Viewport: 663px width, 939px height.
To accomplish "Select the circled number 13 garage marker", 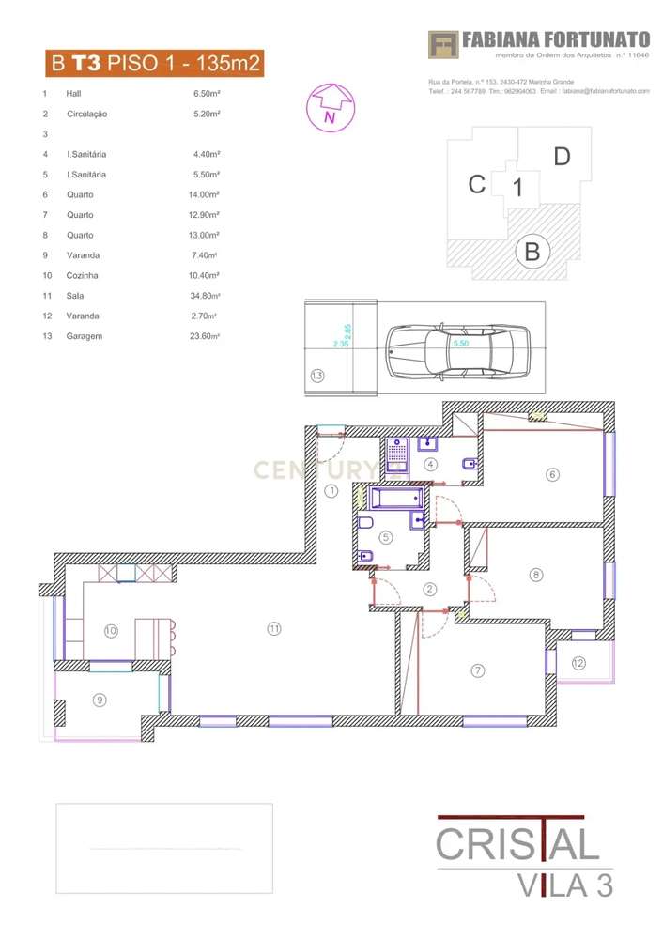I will pyautogui.click(x=317, y=377).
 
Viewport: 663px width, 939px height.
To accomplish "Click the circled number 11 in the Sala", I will pyautogui.click(x=274, y=628).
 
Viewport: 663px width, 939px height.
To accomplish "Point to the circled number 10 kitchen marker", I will pyautogui.click(x=111, y=631).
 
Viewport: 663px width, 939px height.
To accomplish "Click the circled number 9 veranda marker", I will pyautogui.click(x=100, y=699).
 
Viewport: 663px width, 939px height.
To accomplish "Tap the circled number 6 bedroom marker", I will pyautogui.click(x=552, y=474).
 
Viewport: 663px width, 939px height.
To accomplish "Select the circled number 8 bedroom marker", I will pyautogui.click(x=536, y=575).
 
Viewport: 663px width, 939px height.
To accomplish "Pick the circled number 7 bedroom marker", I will pyautogui.click(x=477, y=670).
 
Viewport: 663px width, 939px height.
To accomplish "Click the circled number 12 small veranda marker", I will pyautogui.click(x=578, y=663).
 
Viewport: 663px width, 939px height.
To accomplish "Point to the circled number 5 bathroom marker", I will pyautogui.click(x=385, y=537).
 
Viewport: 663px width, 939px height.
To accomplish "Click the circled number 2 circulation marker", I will pyautogui.click(x=430, y=590).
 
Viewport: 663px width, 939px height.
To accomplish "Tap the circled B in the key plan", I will pyautogui.click(x=532, y=252).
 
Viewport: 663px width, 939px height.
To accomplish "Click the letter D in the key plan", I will pyautogui.click(x=562, y=157).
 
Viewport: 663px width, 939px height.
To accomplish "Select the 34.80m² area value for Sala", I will pyautogui.click(x=204, y=296).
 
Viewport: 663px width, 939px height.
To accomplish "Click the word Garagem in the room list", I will pyautogui.click(x=85, y=336).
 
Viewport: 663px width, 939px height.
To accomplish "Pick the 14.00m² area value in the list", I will pyautogui.click(x=204, y=194).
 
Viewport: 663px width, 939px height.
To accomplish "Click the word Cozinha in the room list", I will pyautogui.click(x=83, y=275).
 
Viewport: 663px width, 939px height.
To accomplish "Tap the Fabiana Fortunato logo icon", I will pyautogui.click(x=442, y=43).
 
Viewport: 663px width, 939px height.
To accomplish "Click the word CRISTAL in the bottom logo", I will pyautogui.click(x=517, y=843).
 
